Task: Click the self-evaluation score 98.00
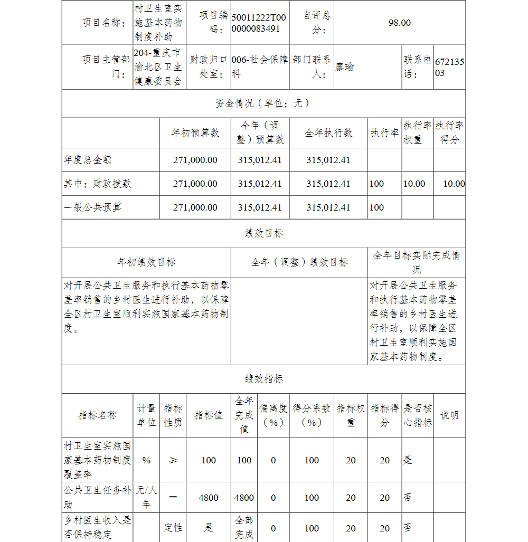[399, 23]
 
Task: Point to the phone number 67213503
[449, 67]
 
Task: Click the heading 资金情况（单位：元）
[263, 103]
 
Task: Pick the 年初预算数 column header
[195, 133]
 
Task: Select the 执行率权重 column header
[417, 133]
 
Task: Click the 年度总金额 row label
[88, 160]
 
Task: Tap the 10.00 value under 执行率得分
[454, 184]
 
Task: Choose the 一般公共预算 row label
[92, 207]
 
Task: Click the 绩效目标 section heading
[263, 233]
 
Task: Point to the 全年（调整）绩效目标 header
[299, 262]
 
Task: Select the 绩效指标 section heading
[263, 379]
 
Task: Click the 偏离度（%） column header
[273, 415]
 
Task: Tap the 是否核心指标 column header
[417, 415]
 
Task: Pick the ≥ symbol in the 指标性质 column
[173, 460]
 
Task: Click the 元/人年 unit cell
[146, 497]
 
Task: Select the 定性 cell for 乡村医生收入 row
[173, 528]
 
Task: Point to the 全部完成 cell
[244, 528]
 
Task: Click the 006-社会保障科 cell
[259, 67]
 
